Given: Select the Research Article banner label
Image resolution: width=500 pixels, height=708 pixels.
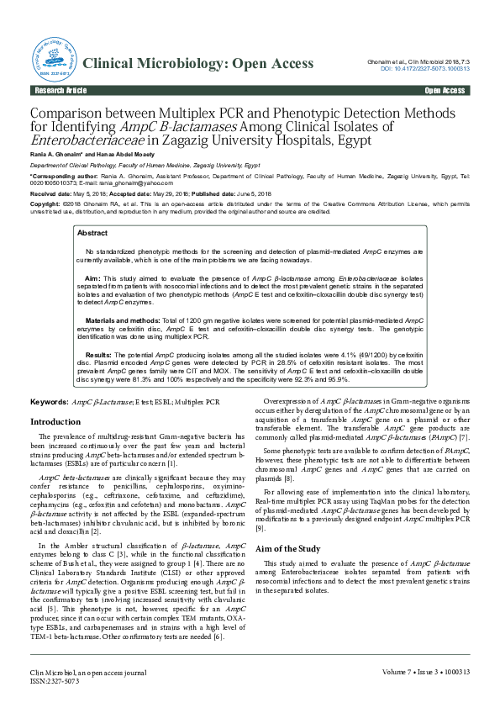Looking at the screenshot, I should pyautogui.click(x=60, y=90).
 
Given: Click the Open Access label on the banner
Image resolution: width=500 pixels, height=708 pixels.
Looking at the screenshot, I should pyautogui.click(x=445, y=90).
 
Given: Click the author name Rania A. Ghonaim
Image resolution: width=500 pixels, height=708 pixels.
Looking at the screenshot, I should pyautogui.click(x=60, y=156).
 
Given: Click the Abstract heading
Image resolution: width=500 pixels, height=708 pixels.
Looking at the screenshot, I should pyautogui.click(x=92, y=233).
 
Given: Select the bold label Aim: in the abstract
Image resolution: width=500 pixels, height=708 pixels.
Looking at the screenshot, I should pyautogui.click(x=92, y=277).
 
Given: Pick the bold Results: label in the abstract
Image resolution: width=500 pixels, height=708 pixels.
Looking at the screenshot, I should pyautogui.click(x=98, y=356).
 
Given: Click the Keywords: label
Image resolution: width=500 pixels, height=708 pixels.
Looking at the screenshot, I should pyautogui.click(x=50, y=403).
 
